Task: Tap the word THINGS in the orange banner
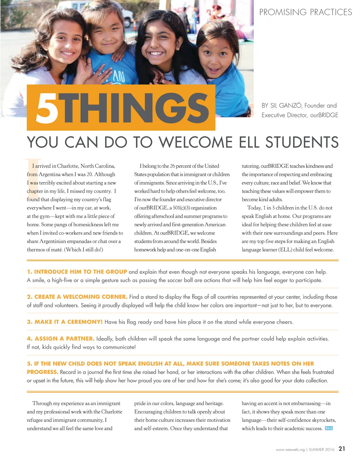pyautogui.click(x=136, y=108)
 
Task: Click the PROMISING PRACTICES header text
pyautogui.click(x=306, y=12)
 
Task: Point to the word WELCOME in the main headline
pyautogui.click(x=195, y=142)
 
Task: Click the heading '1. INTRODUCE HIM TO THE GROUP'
pyautogui.click(x=77, y=272)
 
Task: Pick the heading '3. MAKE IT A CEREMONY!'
pyautogui.click(x=65, y=322)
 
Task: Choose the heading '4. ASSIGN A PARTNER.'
pyautogui.click(x=60, y=339)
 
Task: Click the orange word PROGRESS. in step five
pyautogui.click(x=43, y=372)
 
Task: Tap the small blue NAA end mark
pyautogui.click(x=329, y=428)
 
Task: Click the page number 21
pyautogui.click(x=342, y=449)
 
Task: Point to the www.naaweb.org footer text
pyautogui.click(x=290, y=450)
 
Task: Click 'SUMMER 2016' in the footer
pyautogui.click(x=322, y=450)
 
